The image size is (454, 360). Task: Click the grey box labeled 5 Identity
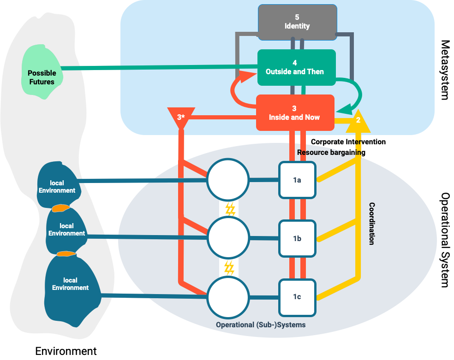tap(297, 22)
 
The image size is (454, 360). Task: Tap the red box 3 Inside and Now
tap(294, 113)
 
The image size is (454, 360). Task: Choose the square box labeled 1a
tap(297, 180)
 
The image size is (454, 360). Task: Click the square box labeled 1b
tap(297, 238)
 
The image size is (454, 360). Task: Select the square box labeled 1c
tap(297, 296)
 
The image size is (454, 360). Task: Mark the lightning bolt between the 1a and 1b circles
tap(230, 209)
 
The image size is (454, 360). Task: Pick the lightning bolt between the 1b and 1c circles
tap(229, 268)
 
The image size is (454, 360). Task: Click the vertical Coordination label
tap(372, 224)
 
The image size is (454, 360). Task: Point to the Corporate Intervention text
tap(348, 142)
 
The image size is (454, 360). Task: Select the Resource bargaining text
tap(331, 152)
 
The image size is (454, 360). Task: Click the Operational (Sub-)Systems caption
tap(261, 325)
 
